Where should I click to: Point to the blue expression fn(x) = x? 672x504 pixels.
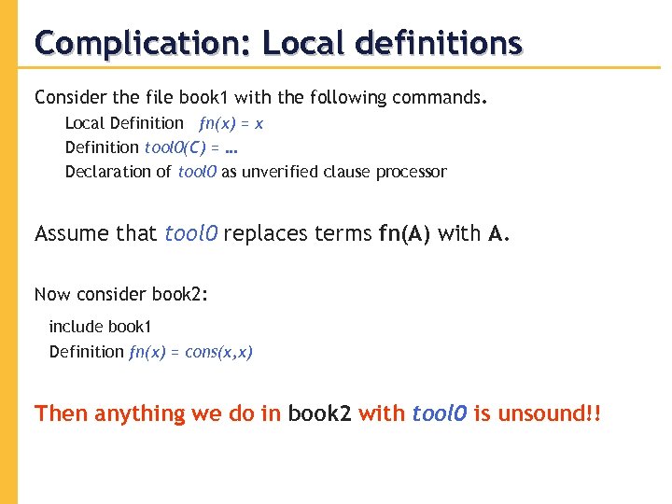(x=231, y=123)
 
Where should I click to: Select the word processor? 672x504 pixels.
(x=412, y=172)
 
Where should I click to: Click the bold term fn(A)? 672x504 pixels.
(x=405, y=233)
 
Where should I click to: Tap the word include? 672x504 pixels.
(x=76, y=327)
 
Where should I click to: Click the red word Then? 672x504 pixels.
(x=60, y=413)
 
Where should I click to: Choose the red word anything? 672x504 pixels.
(x=140, y=413)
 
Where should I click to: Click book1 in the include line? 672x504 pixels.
(x=131, y=327)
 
